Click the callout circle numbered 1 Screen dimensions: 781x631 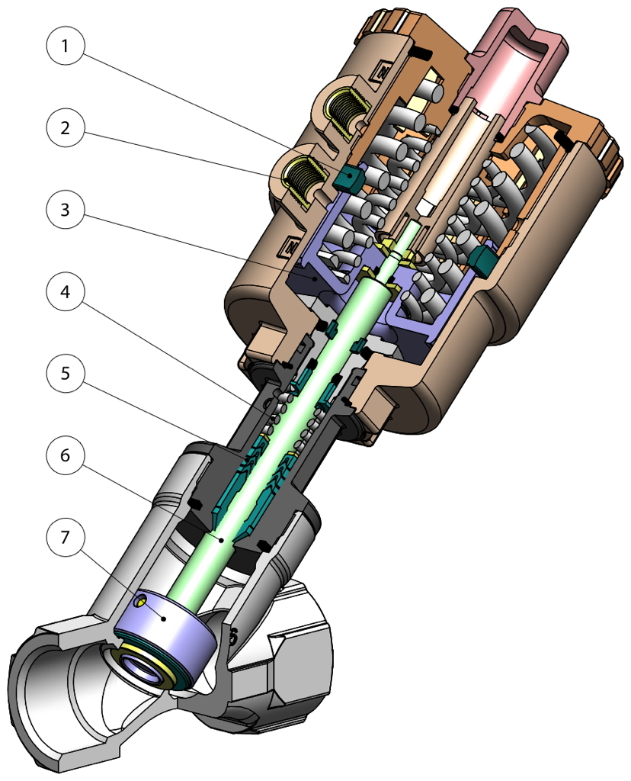point(66,46)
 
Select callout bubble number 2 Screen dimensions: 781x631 point(66,127)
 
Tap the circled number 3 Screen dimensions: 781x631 point(66,210)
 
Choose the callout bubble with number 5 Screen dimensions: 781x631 point(66,373)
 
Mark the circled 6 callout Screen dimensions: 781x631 point(66,455)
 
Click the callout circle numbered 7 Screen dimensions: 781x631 point(66,537)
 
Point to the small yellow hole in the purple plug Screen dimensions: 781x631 point(139,602)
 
